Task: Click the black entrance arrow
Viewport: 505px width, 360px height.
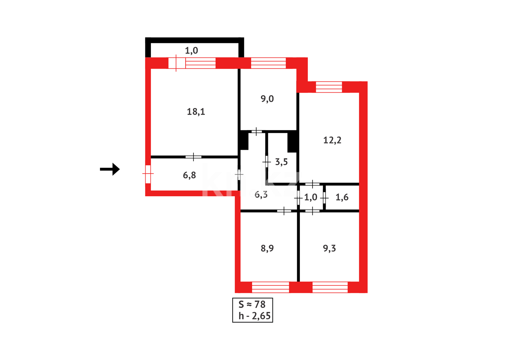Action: pyautogui.click(x=110, y=169)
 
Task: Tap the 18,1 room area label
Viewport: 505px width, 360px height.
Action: pyautogui.click(x=196, y=112)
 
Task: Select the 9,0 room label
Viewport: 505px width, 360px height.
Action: pyautogui.click(x=267, y=99)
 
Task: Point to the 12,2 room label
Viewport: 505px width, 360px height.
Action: pyautogui.click(x=332, y=140)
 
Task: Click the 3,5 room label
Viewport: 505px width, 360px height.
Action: pyautogui.click(x=281, y=162)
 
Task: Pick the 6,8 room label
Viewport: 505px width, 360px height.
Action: pyautogui.click(x=190, y=175)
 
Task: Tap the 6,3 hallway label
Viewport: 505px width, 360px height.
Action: pyautogui.click(x=261, y=195)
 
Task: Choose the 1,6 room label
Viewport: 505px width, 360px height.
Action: pyautogui.click(x=342, y=197)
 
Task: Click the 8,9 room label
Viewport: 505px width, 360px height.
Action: pyautogui.click(x=267, y=248)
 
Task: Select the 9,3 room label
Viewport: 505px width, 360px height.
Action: pyautogui.click(x=329, y=248)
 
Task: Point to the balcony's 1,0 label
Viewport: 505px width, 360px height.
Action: pyautogui.click(x=192, y=51)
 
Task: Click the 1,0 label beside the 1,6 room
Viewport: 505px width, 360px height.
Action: pyautogui.click(x=310, y=197)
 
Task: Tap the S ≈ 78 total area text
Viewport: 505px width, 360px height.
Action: pyautogui.click(x=252, y=304)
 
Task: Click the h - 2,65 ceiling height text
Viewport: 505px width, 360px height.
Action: pyautogui.click(x=254, y=316)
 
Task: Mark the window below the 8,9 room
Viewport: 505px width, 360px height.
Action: pyautogui.click(x=270, y=287)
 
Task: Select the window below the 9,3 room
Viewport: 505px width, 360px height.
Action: pyautogui.click(x=330, y=287)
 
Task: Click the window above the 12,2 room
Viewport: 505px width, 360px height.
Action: pyautogui.click(x=329, y=87)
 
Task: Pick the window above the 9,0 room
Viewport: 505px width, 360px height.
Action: pyautogui.click(x=268, y=63)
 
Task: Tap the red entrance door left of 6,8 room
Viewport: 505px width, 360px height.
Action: pyautogui.click(x=148, y=174)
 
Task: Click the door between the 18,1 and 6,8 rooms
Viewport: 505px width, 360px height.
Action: pyautogui.click(x=194, y=157)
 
